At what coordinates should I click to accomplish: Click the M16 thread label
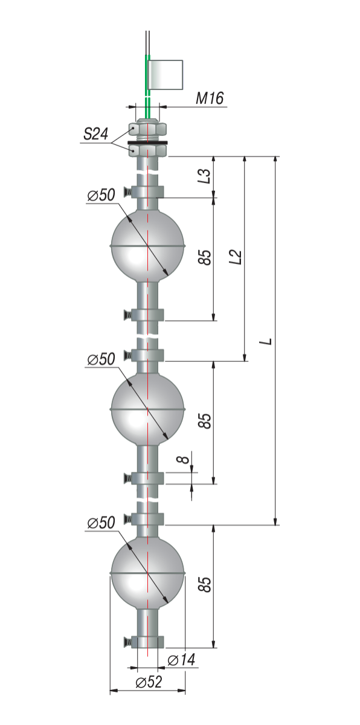pyautogui.click(x=210, y=98)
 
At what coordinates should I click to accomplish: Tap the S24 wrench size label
pyautogui.click(x=96, y=134)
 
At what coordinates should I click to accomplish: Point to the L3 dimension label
pyautogui.click(x=204, y=176)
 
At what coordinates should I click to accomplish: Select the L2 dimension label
pyautogui.click(x=235, y=257)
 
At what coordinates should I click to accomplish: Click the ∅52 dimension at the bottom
pyautogui.click(x=149, y=681)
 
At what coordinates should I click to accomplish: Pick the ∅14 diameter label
pyautogui.click(x=181, y=659)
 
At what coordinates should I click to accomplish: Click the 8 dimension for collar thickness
pyautogui.click(x=183, y=459)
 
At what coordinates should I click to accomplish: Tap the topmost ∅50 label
pyautogui.click(x=101, y=195)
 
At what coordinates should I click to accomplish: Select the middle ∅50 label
pyautogui.click(x=101, y=359)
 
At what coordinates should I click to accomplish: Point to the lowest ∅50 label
pyautogui.click(x=101, y=523)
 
